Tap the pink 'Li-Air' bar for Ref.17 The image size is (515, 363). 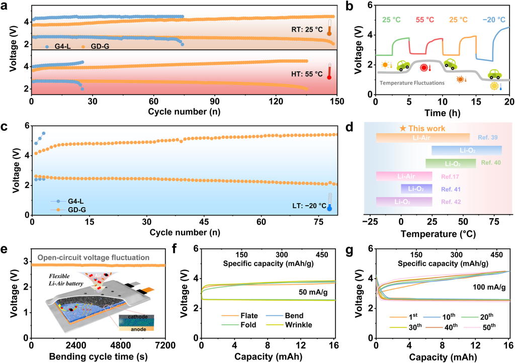(404, 176)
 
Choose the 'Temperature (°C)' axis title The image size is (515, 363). (436, 234)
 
